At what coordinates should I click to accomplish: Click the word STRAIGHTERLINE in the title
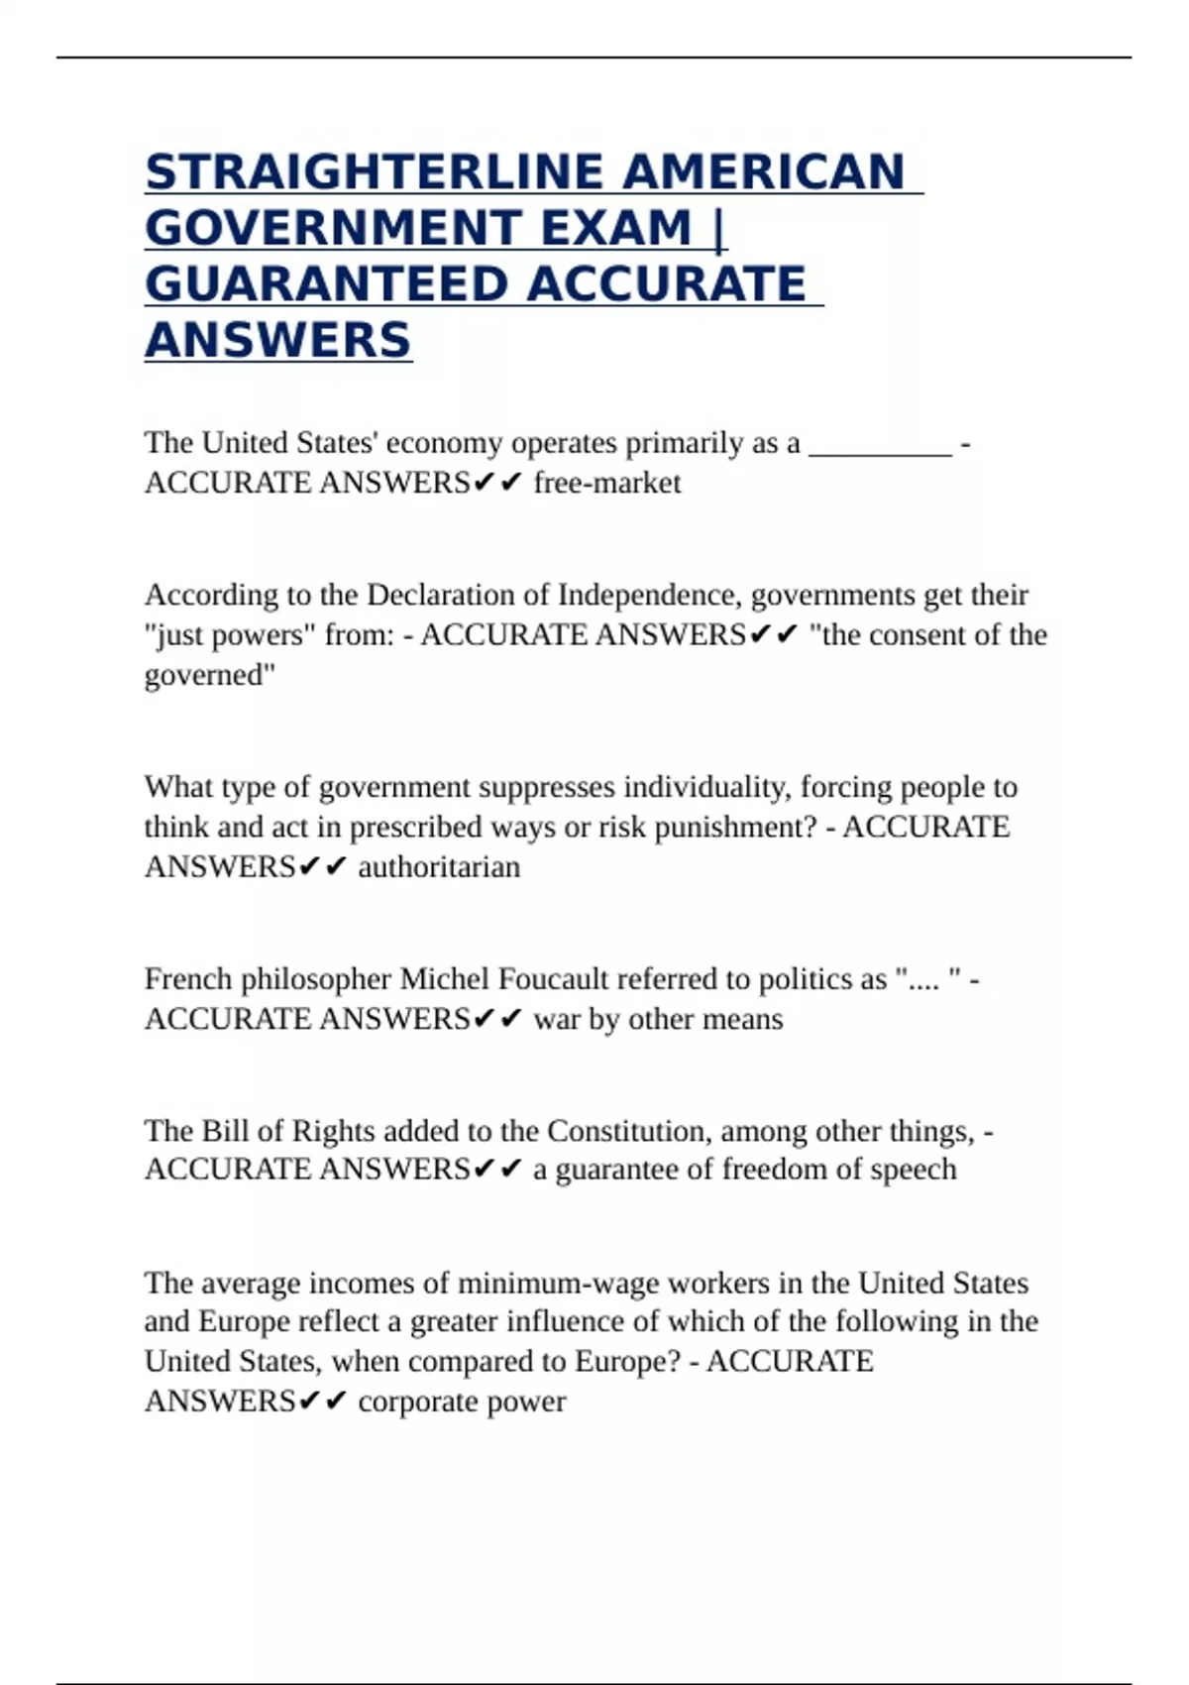(375, 172)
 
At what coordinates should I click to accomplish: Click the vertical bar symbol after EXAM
(719, 229)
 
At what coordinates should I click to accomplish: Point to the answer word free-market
(606, 483)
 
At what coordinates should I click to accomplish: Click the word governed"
(210, 675)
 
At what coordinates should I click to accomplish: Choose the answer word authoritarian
(439, 867)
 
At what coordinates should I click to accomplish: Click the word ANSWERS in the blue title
(277, 341)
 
